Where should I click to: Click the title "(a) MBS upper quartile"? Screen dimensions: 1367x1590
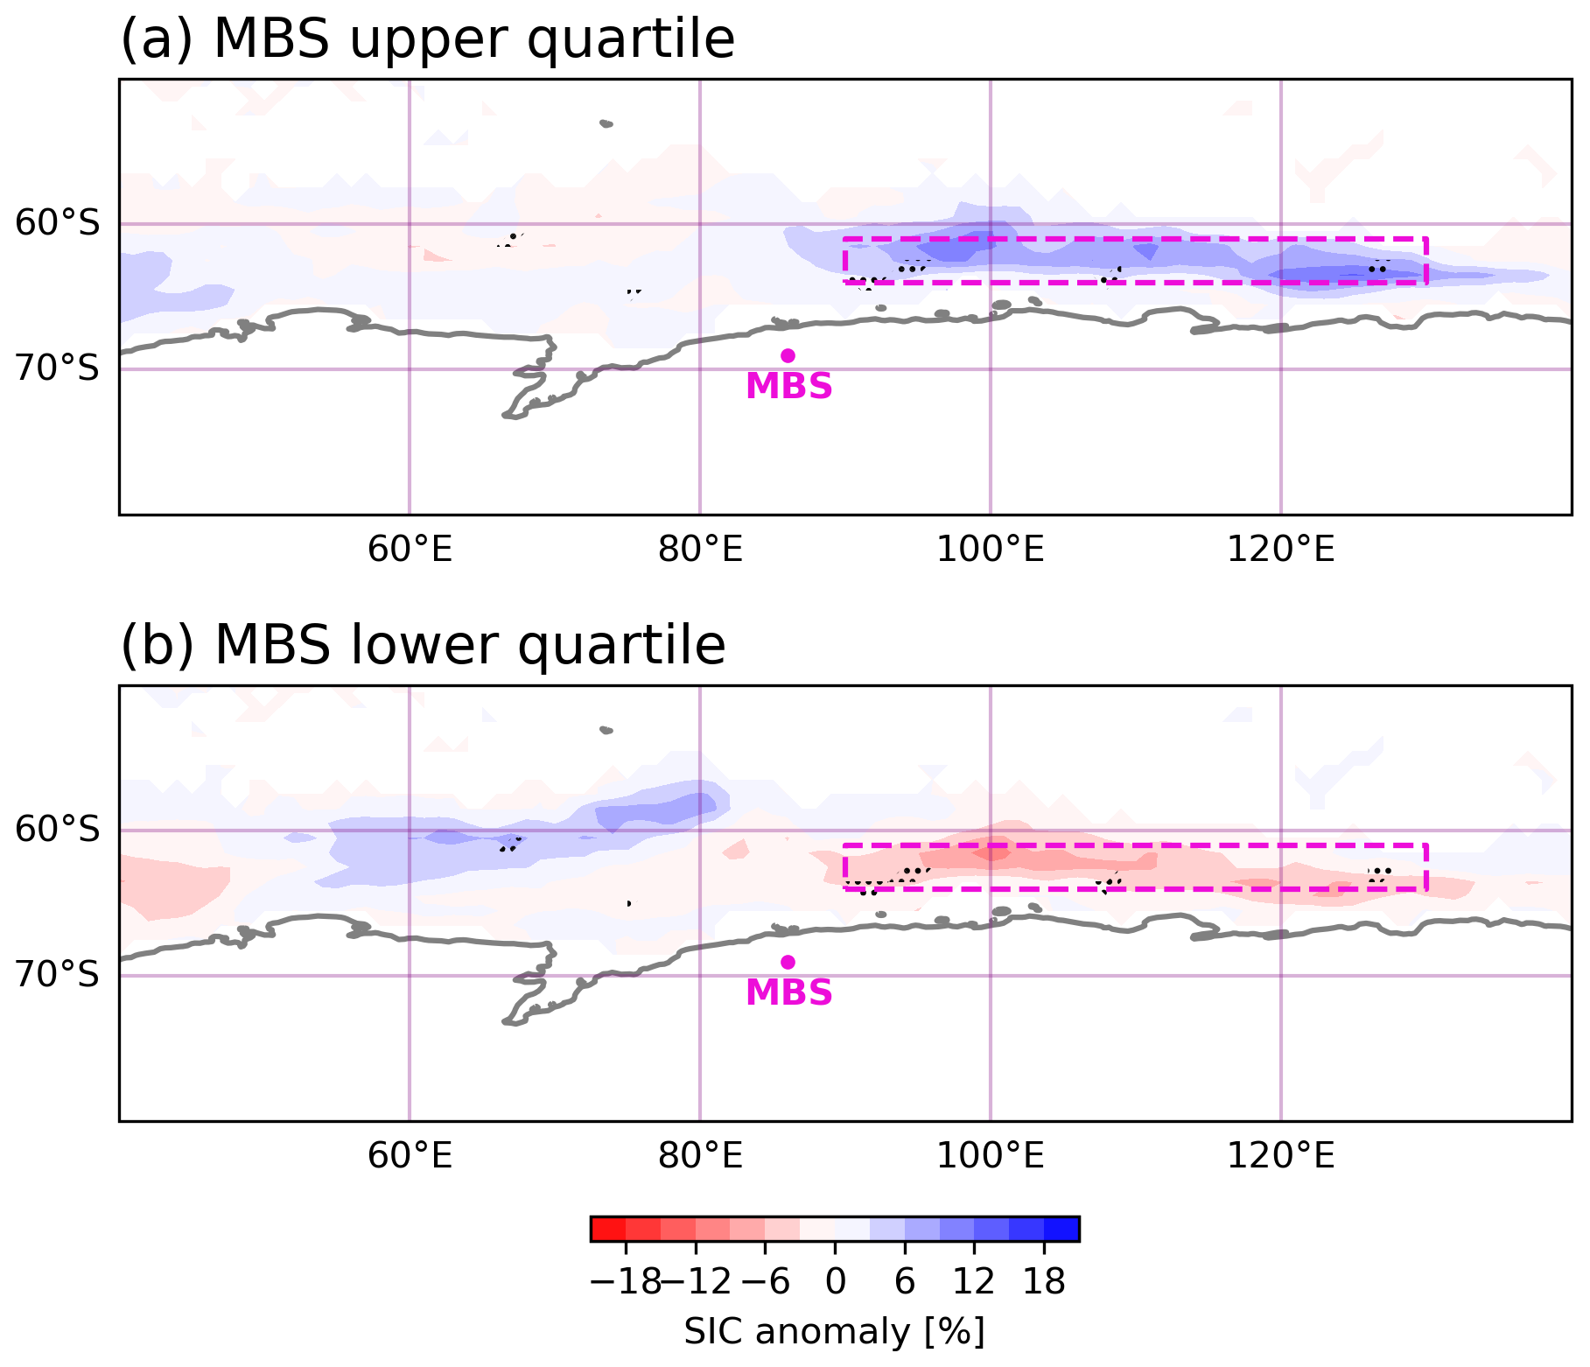click(x=427, y=39)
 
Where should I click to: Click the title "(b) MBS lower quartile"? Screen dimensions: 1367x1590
click(x=423, y=646)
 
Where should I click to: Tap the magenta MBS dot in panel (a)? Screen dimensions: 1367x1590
click(x=788, y=355)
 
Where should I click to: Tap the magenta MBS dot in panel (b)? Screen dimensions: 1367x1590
click(x=788, y=962)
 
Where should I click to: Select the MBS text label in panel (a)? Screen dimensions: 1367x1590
click(x=788, y=386)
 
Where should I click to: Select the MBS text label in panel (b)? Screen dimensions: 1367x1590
click(x=788, y=992)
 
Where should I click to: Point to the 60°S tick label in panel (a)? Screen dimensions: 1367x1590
click(x=58, y=224)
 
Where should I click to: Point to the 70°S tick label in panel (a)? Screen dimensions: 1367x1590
click(x=58, y=369)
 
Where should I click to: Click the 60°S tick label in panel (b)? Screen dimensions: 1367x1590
click(x=58, y=830)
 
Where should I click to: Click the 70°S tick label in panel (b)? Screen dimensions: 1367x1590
click(x=58, y=975)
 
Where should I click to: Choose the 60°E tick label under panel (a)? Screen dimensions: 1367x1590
click(x=410, y=550)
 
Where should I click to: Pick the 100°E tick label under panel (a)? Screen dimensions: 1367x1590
click(x=991, y=550)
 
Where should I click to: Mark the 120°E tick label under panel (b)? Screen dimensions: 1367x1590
click(x=1281, y=1156)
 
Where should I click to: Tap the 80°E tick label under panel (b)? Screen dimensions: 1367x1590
click(x=700, y=1156)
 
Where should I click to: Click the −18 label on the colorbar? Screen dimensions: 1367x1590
click(x=626, y=1282)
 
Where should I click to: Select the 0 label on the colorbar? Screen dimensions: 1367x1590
click(x=836, y=1282)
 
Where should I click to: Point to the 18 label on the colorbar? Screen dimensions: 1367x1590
click(x=1044, y=1282)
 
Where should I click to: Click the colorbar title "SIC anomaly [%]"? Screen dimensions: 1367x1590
click(x=835, y=1331)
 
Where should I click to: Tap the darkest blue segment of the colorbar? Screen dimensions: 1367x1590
click(x=1061, y=1229)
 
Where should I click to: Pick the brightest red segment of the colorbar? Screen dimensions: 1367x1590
click(x=608, y=1229)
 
